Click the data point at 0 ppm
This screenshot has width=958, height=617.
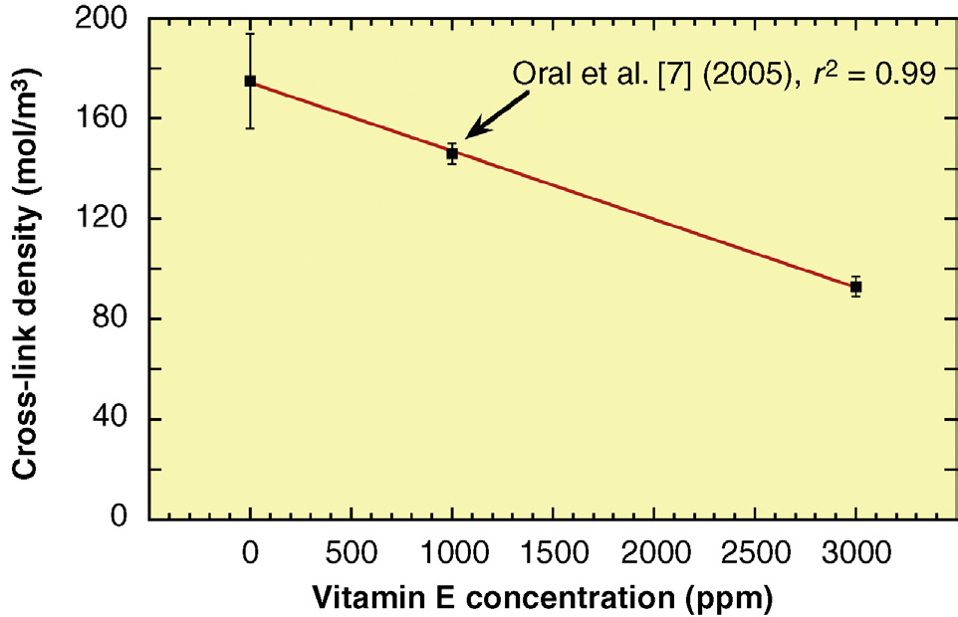pos(250,81)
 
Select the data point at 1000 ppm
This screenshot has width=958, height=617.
pos(452,153)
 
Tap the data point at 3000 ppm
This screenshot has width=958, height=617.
pos(855,287)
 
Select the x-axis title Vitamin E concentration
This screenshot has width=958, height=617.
pos(543,599)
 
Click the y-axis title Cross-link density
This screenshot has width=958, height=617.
pos(27,269)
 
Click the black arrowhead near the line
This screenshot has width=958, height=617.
pos(472,131)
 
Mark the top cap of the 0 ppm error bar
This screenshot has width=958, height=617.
pos(250,34)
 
